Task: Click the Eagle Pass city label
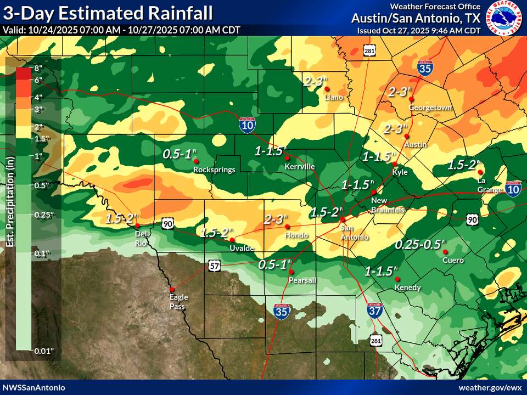pos(178,302)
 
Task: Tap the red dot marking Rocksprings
pos(196,161)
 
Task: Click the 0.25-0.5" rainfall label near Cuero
pos(421,244)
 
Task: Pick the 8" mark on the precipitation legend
pos(38,69)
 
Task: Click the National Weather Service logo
pos(506,18)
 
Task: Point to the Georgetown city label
pos(430,108)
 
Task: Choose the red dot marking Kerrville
pos(287,158)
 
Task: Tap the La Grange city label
pos(489,185)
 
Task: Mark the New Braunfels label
pos(388,206)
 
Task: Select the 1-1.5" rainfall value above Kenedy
pos(381,271)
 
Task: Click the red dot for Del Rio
pos(137,225)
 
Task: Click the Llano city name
pos(334,97)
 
